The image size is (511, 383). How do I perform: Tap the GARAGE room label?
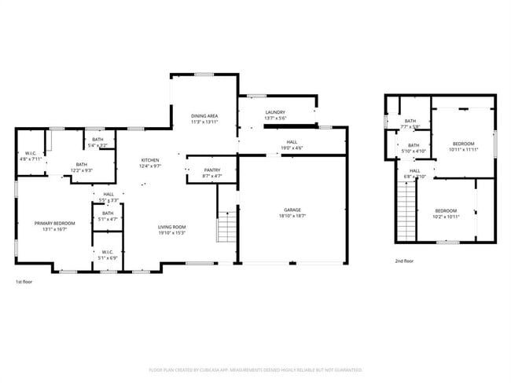pos(292,210)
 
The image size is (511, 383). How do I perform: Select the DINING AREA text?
pos(204,116)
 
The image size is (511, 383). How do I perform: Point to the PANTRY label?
pos(211,170)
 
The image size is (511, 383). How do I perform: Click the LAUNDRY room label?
pos(275,112)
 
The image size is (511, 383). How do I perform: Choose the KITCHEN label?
pos(149,160)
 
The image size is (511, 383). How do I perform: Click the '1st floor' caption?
pos(25,281)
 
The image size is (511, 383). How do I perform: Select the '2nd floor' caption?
pos(404,261)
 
